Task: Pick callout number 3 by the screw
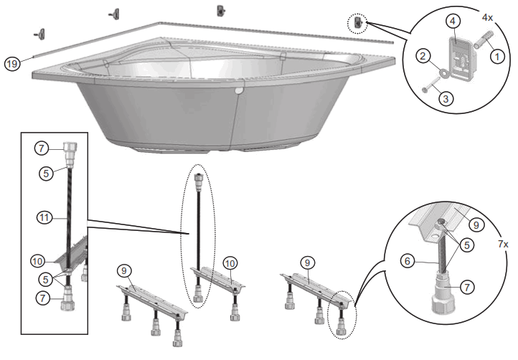tap(445, 99)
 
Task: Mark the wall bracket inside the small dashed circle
tap(359, 24)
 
